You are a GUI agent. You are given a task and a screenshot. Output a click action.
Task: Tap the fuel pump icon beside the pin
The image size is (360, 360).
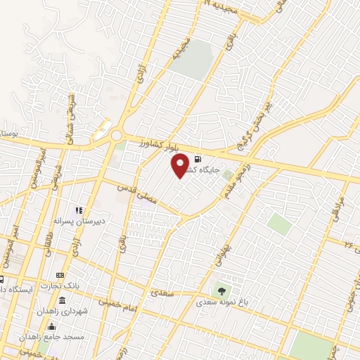pyautogui.click(x=196, y=159)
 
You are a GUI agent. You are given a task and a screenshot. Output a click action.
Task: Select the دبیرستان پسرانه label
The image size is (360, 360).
pyautogui.click(x=79, y=220)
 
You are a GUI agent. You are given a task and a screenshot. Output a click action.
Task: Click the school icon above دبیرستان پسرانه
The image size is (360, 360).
pyautogui.click(x=79, y=210)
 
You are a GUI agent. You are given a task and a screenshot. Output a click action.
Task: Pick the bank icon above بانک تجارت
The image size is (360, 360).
pyautogui.click(x=60, y=275)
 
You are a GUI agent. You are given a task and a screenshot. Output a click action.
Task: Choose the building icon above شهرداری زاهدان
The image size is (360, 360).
pyautogui.click(x=63, y=301)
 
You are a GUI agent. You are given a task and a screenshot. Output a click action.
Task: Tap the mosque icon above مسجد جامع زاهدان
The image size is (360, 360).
pyautogui.click(x=51, y=326)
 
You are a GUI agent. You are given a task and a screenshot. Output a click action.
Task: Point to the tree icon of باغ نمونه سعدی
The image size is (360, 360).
pyautogui.click(x=223, y=289)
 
